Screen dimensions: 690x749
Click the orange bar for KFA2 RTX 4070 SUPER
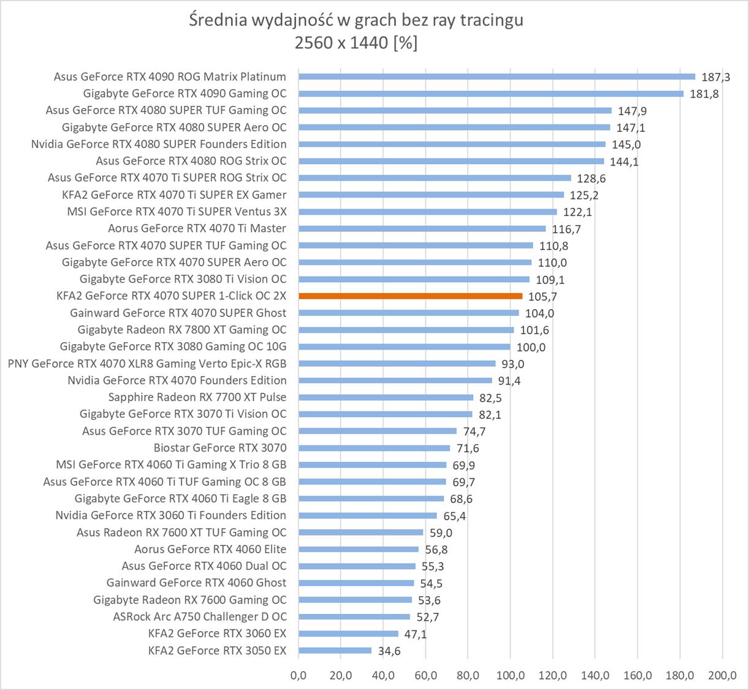tap(410, 296)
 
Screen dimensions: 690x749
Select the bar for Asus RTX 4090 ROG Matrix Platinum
tap(496, 77)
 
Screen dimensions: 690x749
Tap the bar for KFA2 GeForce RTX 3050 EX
tap(335, 650)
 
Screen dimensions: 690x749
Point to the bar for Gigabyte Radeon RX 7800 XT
tap(406, 329)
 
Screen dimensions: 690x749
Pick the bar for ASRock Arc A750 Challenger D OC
tap(354, 616)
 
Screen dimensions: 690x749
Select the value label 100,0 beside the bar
tap(531, 347)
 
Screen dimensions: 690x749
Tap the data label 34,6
tap(389, 651)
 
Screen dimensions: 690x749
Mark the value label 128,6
tap(591, 178)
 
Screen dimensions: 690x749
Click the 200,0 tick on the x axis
tap(722, 675)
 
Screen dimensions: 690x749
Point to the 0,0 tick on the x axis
tap(298, 675)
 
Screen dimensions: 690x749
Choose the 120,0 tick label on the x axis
tap(553, 675)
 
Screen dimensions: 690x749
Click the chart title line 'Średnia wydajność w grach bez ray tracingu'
tap(356, 20)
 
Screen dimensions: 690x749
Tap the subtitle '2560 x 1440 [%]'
tap(356, 43)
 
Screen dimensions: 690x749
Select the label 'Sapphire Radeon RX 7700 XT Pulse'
tap(197, 397)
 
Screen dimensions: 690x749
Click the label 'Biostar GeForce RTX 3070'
tap(220, 448)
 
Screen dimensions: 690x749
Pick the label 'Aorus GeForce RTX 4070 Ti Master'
tap(197, 228)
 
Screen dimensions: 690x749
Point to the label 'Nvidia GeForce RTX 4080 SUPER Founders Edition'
tap(159, 144)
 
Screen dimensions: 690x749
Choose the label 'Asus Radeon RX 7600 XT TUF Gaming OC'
tap(181, 532)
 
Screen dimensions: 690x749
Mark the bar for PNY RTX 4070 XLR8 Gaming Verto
tap(397, 363)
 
